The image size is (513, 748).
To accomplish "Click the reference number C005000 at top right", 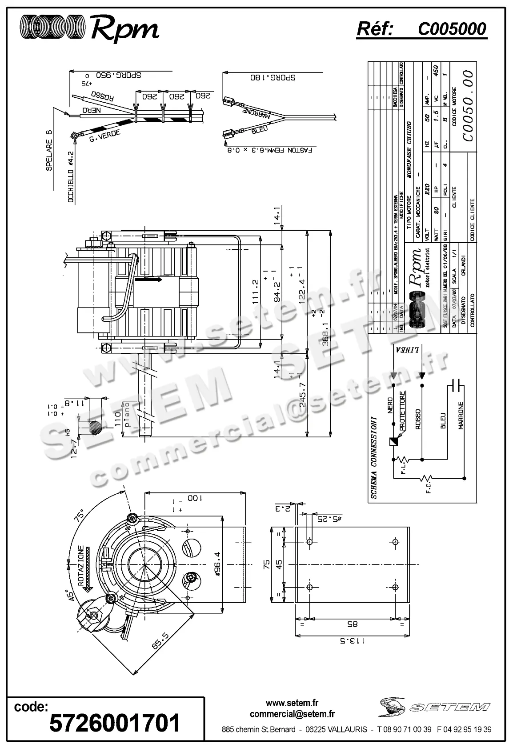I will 452,29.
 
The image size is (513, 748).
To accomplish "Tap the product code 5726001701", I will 115,722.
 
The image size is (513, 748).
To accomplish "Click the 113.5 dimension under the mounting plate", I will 352,640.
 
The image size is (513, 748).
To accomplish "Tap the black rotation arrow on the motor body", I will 148,280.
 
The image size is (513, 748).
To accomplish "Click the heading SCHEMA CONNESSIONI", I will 374,458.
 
